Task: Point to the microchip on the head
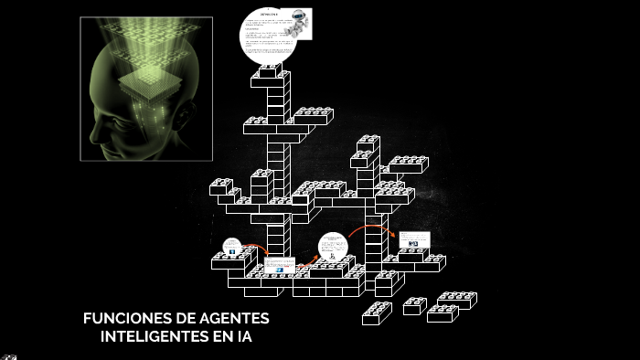(x=150, y=81)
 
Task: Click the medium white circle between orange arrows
(x=333, y=248)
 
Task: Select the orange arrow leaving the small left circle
(x=256, y=248)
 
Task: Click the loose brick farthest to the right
(x=456, y=300)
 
